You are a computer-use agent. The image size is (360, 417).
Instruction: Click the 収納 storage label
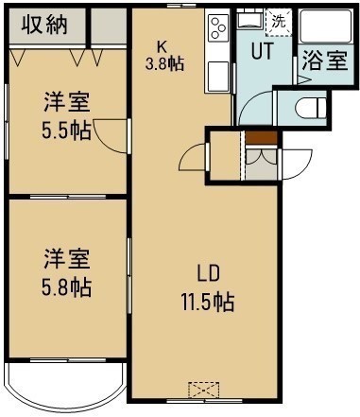[x=44, y=25]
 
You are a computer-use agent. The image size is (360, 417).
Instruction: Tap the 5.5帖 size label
[x=66, y=130]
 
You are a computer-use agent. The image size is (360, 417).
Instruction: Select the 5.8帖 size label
[x=66, y=287]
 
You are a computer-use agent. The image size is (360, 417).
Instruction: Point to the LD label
[x=208, y=273]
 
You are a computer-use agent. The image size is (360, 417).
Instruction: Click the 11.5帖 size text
[x=208, y=302]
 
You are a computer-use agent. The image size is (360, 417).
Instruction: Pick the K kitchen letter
[x=162, y=47]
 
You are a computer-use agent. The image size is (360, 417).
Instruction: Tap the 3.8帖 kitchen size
[x=164, y=64]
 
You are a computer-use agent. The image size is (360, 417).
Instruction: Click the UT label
[x=262, y=51]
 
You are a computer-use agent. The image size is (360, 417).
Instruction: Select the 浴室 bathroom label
[x=325, y=61]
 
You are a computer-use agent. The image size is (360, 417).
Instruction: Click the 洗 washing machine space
[x=279, y=22]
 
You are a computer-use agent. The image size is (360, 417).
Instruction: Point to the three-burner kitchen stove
[x=217, y=28]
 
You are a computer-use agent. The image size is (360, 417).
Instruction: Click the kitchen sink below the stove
[x=217, y=77]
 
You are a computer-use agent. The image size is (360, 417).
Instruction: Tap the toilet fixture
[x=311, y=108]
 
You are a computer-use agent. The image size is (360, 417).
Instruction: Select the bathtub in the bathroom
[x=325, y=26]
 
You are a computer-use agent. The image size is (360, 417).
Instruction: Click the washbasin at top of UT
[x=249, y=20]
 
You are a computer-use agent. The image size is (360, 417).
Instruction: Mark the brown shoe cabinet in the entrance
[x=261, y=138]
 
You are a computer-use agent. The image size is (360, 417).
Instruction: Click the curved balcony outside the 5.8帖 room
[x=65, y=387]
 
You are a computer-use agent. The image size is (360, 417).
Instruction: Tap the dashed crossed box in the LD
[x=204, y=391]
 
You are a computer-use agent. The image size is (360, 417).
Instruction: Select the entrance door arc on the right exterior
[x=297, y=165]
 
